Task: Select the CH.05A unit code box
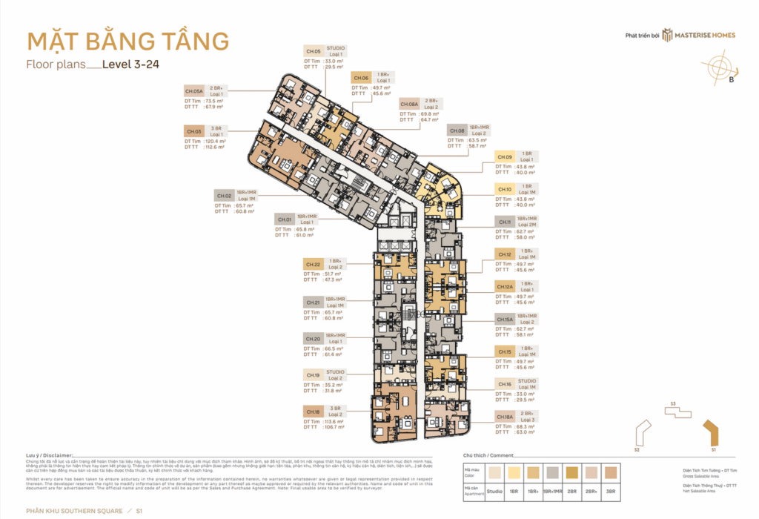click(x=195, y=90)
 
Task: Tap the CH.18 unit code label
click(x=314, y=411)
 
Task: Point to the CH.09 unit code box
click(x=505, y=156)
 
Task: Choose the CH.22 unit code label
click(x=314, y=264)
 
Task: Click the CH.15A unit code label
click(x=505, y=319)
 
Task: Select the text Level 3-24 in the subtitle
click(x=131, y=65)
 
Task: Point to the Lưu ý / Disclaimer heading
click(x=50, y=455)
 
